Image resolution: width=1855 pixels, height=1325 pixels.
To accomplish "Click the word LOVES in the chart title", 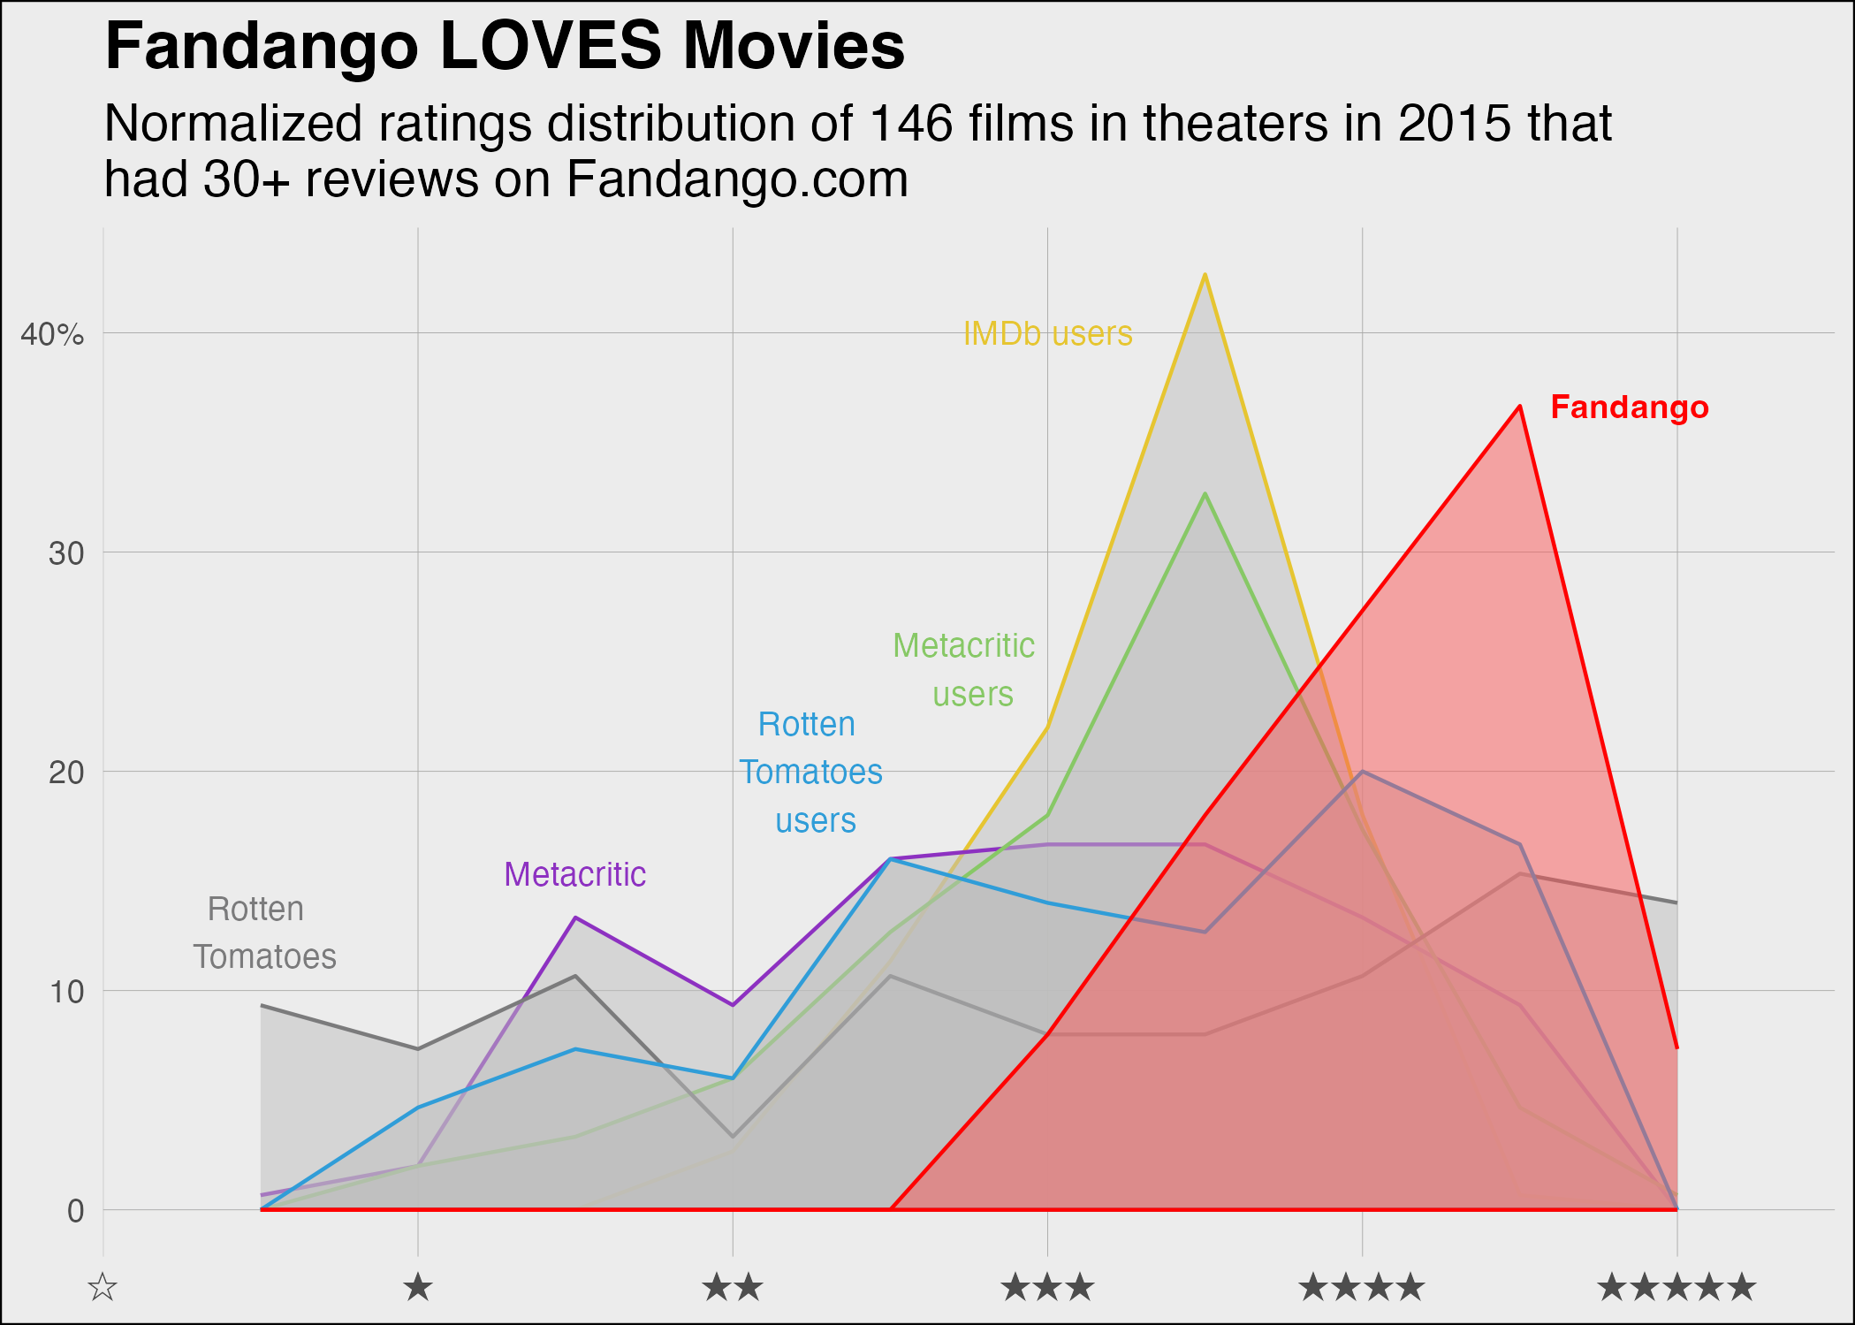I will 550,46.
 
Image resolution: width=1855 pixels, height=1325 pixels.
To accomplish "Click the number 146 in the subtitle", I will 911,123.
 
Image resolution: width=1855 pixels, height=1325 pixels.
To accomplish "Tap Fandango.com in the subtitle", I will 737,179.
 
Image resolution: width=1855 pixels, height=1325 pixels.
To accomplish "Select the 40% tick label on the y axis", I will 52,334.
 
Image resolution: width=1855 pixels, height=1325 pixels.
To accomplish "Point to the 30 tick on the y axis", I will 66,553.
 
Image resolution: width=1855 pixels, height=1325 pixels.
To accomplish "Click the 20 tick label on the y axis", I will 66,773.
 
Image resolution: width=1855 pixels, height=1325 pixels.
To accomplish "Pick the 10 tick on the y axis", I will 66,992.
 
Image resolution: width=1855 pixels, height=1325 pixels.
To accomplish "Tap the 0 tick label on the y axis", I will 76,1211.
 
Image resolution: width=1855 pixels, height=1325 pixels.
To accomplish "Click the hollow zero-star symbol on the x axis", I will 103,1287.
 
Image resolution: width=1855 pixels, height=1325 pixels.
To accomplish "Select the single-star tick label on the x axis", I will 418,1287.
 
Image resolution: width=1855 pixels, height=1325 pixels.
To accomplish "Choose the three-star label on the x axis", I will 1047,1287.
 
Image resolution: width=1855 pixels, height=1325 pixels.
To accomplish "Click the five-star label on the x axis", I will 1676,1287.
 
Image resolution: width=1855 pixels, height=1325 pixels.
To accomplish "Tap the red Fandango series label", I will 1630,407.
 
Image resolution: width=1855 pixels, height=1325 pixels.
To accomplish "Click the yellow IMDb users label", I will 1047,334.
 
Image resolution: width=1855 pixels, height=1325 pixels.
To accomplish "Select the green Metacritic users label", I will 965,669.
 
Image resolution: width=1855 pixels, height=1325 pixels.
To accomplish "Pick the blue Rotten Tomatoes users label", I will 810,773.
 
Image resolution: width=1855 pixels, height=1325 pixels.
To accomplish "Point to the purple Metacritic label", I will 574,874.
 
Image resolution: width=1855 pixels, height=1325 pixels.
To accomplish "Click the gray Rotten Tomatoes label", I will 263,933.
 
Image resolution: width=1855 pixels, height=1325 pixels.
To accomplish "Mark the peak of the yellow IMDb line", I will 1205,275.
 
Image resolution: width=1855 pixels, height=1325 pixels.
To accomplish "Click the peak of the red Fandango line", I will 1519,407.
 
